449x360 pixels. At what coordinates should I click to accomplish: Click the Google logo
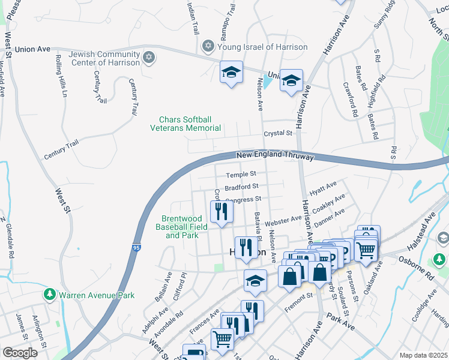[x=20, y=353]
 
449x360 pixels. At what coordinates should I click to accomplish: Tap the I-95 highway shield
[x=137, y=247]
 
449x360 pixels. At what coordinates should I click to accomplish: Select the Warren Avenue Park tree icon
[x=49, y=295]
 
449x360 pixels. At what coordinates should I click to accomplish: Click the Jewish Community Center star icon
[x=149, y=58]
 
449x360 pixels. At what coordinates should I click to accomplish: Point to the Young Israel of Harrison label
[x=262, y=47]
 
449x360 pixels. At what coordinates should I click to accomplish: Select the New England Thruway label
[x=275, y=155]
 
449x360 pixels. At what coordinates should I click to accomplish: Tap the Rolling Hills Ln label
[x=61, y=76]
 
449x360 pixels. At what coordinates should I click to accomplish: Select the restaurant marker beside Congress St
[x=221, y=211]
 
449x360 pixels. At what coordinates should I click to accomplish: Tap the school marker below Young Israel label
[x=231, y=73]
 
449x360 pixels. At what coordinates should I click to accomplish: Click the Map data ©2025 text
[x=423, y=355]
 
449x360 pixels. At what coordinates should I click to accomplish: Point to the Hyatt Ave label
[x=323, y=189]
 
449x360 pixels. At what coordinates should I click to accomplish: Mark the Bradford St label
[x=241, y=187]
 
